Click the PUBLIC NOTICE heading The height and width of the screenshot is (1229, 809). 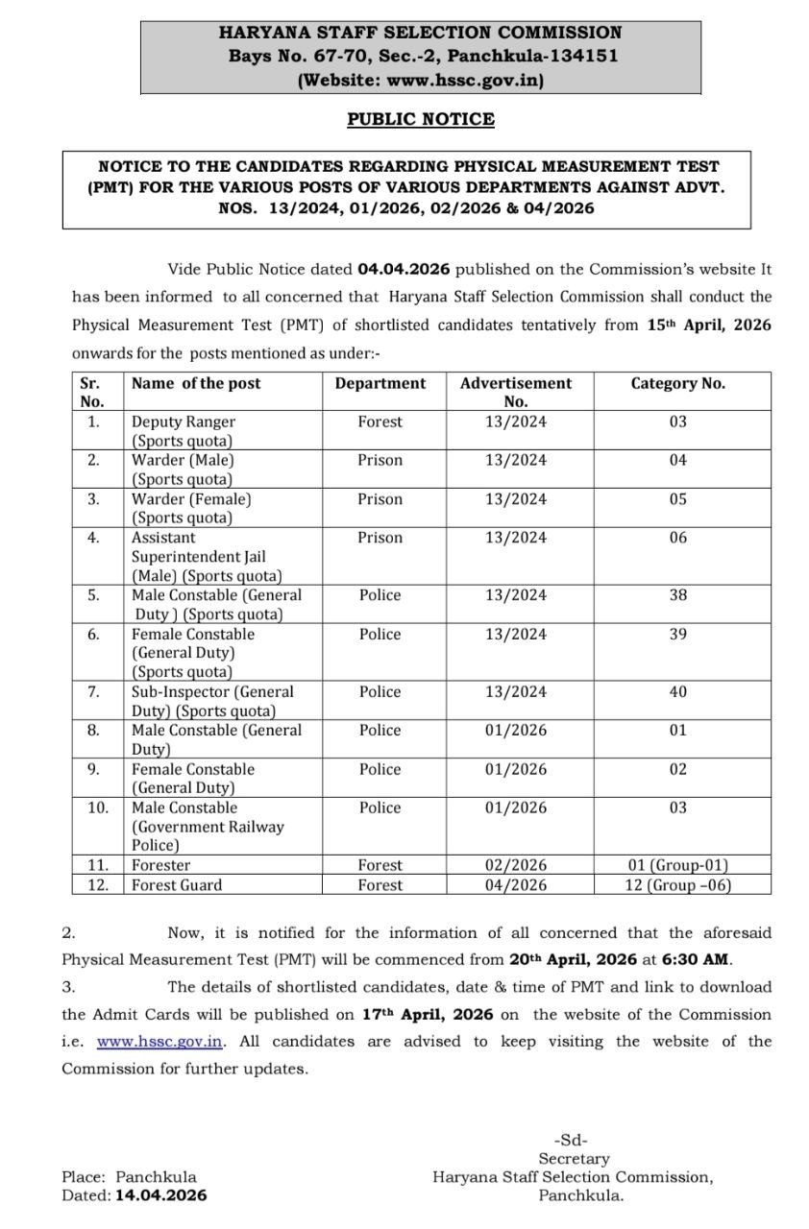421,119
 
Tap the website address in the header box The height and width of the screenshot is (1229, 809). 465,81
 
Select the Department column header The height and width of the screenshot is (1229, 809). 380,383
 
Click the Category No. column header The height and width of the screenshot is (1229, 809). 677,383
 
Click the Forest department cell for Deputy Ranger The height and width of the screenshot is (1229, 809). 380,422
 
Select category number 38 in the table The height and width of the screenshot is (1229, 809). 677,595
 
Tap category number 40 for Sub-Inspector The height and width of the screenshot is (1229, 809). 677,691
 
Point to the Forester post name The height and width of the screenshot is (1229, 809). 160,865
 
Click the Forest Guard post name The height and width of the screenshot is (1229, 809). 176,885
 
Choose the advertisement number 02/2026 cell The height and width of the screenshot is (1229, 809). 516,865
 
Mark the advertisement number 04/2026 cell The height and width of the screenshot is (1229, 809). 516,885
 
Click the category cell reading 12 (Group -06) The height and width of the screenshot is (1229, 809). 677,885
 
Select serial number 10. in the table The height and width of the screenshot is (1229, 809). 98,807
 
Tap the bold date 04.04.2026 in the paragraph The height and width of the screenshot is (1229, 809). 404,270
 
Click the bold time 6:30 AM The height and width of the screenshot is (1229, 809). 697,959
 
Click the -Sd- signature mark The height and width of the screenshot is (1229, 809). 574,1141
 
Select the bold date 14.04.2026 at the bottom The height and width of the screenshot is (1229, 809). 161,1195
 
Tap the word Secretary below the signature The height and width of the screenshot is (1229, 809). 574,1159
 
